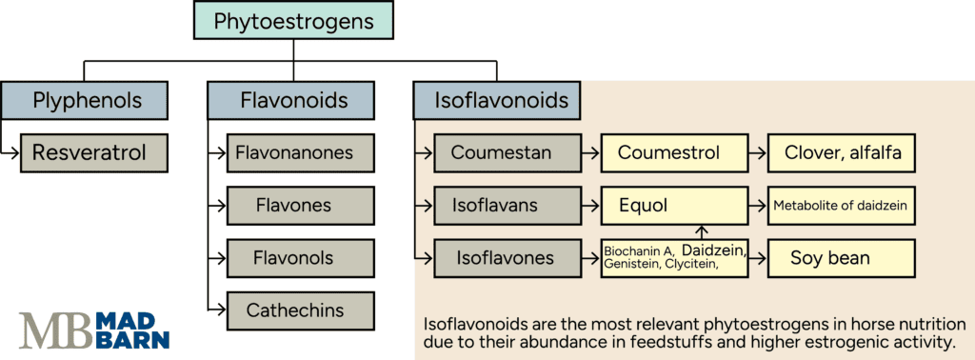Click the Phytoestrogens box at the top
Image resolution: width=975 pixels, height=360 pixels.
click(x=292, y=20)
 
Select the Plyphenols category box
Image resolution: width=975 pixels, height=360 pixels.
click(x=84, y=99)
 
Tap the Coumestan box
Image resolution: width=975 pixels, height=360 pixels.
click(x=507, y=152)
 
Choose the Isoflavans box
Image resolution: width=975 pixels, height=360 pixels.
click(x=507, y=205)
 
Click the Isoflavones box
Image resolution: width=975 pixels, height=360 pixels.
click(x=507, y=257)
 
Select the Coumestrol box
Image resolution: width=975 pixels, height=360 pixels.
click(x=674, y=152)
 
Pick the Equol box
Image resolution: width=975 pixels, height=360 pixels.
click(x=674, y=205)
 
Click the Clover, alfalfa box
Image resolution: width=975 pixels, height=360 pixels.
click(x=842, y=152)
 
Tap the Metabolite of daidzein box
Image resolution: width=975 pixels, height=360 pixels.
click(x=842, y=205)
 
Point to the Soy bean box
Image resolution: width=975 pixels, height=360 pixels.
click(x=842, y=257)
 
